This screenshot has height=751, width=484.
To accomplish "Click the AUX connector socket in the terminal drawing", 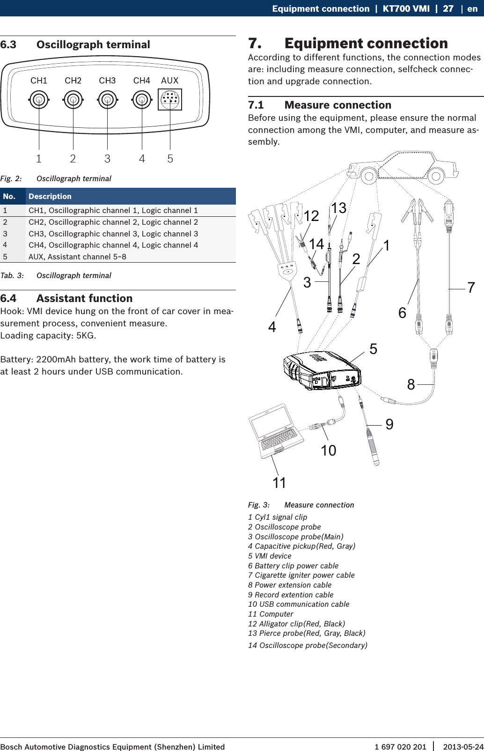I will point(169,100).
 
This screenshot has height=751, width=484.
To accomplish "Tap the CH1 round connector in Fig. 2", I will point(39,100).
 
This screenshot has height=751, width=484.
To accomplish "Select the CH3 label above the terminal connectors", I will point(107,81).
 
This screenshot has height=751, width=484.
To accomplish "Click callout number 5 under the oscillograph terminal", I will point(170,159).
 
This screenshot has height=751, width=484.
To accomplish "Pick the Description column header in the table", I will point(50,197).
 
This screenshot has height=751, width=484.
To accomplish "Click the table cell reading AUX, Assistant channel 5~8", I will point(77,257).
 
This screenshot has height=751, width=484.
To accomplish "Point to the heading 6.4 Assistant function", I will point(66,298).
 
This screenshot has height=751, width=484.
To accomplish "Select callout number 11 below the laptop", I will point(279,483).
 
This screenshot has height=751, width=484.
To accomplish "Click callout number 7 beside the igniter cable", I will point(471,287).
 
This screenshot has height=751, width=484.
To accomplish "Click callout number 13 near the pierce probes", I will point(338,208).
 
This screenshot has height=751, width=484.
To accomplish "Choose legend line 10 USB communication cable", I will point(299,604).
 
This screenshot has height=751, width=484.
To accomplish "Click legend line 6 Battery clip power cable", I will point(293,566).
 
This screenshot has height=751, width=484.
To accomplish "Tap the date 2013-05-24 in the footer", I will point(463,747).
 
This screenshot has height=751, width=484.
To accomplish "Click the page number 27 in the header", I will point(448,8).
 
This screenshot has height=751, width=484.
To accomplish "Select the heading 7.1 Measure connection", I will point(320,105).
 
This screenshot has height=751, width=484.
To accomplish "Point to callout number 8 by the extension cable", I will point(411,384).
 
